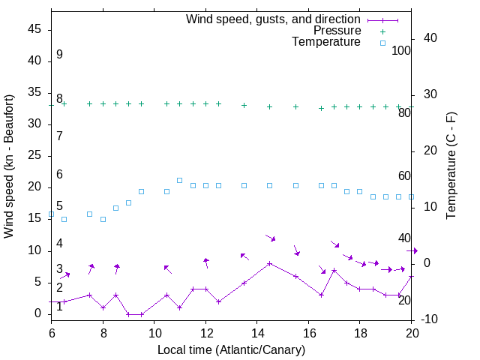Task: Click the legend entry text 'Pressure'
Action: coord(337,31)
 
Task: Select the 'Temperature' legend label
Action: coord(326,42)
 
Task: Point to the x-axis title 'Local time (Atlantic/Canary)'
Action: coord(231,350)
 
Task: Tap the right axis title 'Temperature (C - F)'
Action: coord(451,166)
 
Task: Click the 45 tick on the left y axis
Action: coord(34,28)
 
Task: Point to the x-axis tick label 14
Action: coord(256,331)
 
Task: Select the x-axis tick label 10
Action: coord(154,331)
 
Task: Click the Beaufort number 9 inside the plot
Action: coord(59,55)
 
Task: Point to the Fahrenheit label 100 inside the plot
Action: coord(401,50)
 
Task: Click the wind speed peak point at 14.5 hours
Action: coord(269,263)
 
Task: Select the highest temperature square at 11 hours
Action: coord(179,180)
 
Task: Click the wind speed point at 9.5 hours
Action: coord(141,314)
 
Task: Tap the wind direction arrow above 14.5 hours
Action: coord(271,238)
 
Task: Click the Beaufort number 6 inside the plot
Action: coord(59,175)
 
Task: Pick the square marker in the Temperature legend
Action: coord(382,43)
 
